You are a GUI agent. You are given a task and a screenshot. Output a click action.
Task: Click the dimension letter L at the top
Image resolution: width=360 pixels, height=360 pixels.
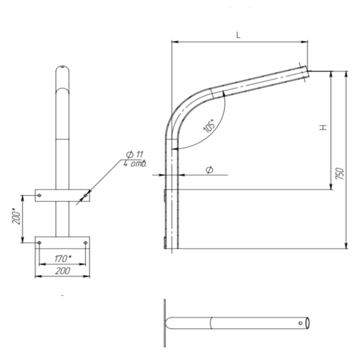click(x=238, y=35)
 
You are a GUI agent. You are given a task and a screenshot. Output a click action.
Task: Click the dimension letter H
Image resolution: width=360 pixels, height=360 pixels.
click(x=323, y=127)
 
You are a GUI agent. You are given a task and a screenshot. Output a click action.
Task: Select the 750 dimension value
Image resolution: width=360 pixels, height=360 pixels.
click(x=340, y=174)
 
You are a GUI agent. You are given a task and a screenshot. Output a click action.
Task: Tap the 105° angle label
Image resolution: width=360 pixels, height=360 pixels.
click(x=209, y=125)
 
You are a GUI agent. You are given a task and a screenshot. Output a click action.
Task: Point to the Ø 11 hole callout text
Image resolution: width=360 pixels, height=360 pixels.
click(x=135, y=155)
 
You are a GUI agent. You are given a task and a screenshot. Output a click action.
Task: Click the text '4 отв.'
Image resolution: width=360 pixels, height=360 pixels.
click(x=135, y=164)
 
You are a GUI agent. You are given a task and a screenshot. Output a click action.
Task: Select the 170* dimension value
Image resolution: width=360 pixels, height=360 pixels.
click(x=63, y=258)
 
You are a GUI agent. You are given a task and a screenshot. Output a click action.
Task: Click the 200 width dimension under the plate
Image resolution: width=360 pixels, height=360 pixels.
click(x=63, y=271)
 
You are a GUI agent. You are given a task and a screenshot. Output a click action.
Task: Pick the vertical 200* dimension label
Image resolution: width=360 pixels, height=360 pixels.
click(x=17, y=217)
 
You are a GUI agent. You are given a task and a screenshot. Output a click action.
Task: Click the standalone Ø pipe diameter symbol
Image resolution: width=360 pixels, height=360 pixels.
click(x=210, y=170)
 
